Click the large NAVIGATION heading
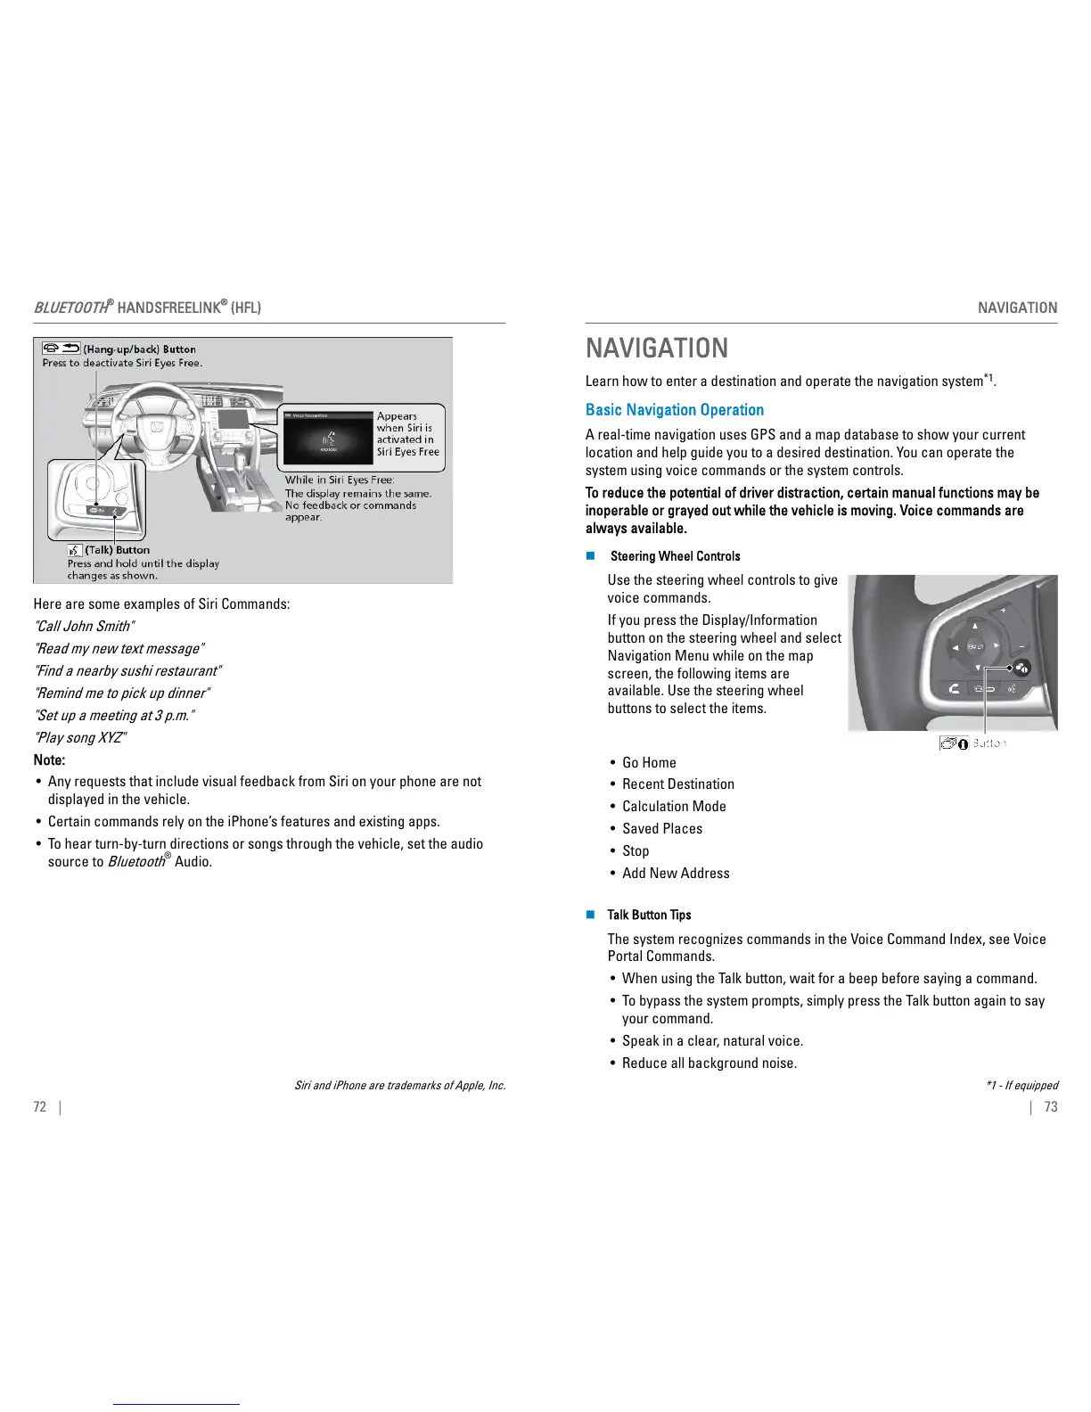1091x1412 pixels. (x=657, y=348)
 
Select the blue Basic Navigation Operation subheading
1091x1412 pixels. (x=675, y=410)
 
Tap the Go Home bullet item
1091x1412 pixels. (x=649, y=763)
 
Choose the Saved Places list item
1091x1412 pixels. (x=662, y=829)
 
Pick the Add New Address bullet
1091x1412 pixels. (x=676, y=874)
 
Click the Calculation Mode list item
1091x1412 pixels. (x=674, y=807)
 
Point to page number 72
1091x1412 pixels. (x=39, y=1107)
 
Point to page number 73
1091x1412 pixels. (x=1051, y=1107)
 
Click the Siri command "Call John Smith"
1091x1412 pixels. (x=85, y=627)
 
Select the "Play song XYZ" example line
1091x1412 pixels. (x=81, y=738)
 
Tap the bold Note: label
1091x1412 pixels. (x=49, y=760)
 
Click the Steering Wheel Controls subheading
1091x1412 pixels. (x=675, y=556)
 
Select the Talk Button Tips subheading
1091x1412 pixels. (x=649, y=915)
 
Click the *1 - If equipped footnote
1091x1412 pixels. (x=1021, y=1086)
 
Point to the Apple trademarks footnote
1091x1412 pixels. (x=399, y=1086)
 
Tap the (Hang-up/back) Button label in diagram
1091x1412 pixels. (x=139, y=349)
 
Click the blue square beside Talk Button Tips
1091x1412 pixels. (x=590, y=915)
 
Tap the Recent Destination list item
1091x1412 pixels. (x=678, y=784)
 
